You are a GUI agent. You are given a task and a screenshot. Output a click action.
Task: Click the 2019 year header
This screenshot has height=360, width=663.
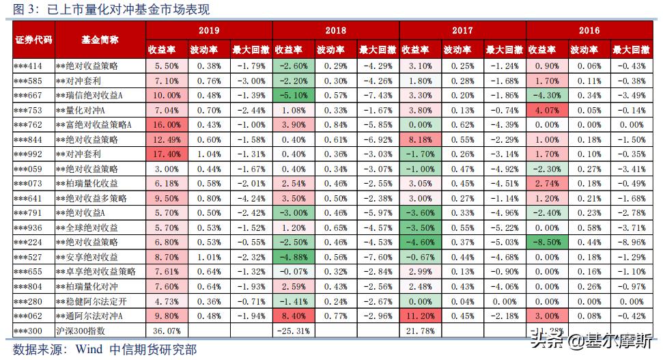point(208,30)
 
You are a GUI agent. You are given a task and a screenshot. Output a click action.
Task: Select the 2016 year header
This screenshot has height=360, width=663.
point(589,30)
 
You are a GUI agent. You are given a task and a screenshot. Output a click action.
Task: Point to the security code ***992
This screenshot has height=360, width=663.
point(29,154)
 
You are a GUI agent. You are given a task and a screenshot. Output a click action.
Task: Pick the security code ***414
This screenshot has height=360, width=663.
point(29,66)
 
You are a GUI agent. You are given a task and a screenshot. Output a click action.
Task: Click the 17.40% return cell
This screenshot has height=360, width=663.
point(166,154)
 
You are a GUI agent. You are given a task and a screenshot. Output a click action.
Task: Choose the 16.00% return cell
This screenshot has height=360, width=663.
point(166,124)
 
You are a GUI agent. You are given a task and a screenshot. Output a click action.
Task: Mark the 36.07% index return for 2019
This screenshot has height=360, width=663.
point(166,331)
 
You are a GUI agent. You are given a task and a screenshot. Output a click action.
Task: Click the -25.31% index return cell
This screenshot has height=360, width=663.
point(294,331)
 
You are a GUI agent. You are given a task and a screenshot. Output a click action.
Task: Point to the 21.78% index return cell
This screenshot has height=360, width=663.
point(420,331)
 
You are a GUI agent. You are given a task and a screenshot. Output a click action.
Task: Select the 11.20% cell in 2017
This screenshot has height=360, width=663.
point(420,316)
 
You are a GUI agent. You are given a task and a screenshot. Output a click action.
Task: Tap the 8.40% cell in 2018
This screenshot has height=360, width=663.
point(294,316)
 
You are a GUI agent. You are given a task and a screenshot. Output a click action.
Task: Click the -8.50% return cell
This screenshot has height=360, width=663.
point(547,243)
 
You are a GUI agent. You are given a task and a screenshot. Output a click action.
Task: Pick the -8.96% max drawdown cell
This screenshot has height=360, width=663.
point(631,243)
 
